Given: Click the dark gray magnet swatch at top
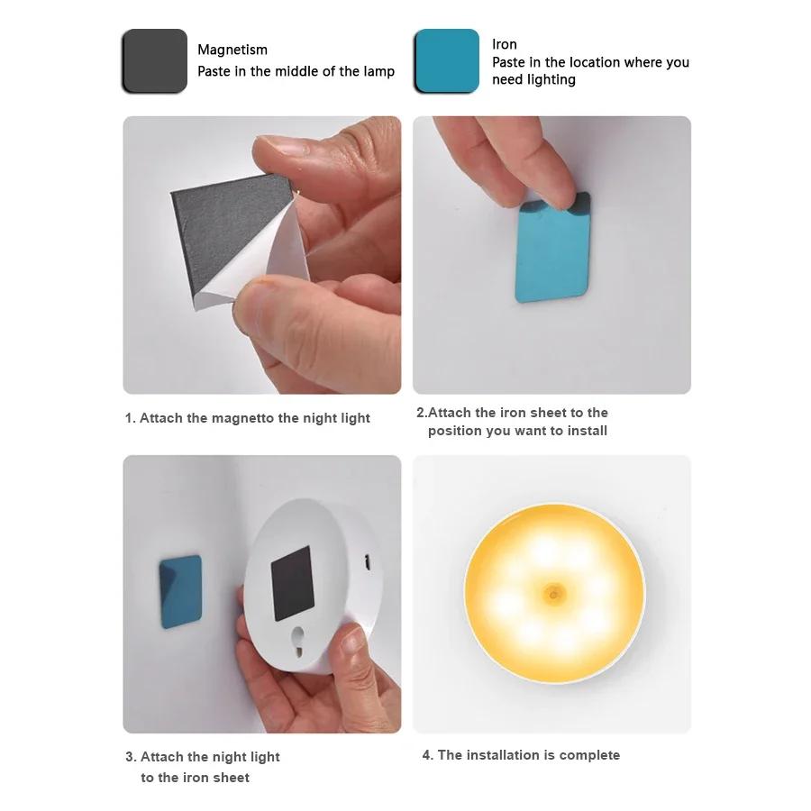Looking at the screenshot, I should [154, 61].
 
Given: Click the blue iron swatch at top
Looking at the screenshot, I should [447, 61].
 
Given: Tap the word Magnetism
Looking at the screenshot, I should [232, 50].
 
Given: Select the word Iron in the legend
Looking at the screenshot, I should [505, 44].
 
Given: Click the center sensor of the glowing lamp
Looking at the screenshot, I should [552, 593].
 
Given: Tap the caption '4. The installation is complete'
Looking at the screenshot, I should [521, 755].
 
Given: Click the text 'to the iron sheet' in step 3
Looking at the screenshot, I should [195, 778].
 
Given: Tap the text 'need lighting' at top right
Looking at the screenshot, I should [533, 80].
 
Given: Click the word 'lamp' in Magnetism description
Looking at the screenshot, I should [378, 71].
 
